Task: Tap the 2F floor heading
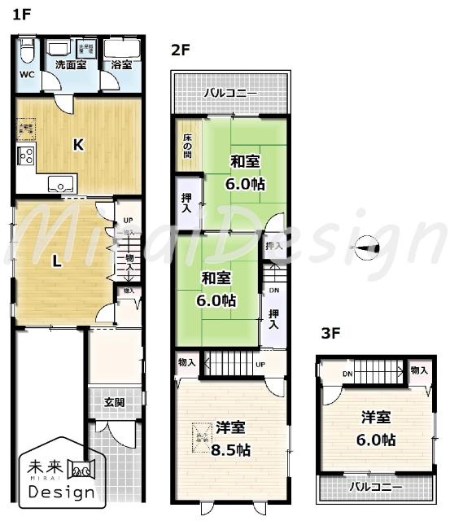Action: (180, 50)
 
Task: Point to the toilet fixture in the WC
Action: (26, 53)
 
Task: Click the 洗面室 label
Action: (70, 64)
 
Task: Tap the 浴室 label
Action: (120, 64)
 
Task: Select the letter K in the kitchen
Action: (78, 146)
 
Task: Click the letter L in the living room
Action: (56, 261)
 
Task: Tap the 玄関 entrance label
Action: (115, 402)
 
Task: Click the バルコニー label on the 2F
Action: (230, 94)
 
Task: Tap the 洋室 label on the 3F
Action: (377, 418)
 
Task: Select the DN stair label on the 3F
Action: (347, 374)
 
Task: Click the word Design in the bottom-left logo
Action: (61, 493)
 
